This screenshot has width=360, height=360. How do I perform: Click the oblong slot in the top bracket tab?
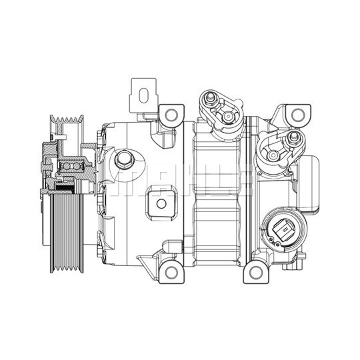click(x=144, y=95)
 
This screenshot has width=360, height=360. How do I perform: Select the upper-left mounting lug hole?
click(x=171, y=115)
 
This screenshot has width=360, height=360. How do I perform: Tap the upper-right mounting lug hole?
click(x=298, y=115)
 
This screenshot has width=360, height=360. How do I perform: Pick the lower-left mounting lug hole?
click(x=171, y=272)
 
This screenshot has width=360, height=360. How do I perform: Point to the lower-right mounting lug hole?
click(x=255, y=273)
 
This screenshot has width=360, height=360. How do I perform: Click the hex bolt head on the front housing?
click(x=123, y=159)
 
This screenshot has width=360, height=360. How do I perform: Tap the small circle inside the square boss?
click(x=161, y=203)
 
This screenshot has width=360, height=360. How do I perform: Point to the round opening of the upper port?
click(x=228, y=117)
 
